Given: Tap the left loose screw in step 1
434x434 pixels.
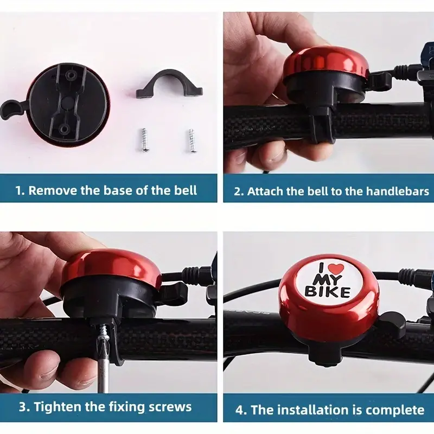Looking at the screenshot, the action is tap(144, 140).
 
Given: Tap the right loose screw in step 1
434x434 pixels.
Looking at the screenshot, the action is tap(192, 141).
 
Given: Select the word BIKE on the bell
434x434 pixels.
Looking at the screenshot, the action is tap(328, 292).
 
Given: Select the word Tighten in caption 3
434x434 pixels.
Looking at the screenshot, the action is tap(58, 407).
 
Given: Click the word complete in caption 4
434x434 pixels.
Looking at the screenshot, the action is tap(395, 410).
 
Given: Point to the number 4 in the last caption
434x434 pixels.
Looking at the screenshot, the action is tap(239, 410).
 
